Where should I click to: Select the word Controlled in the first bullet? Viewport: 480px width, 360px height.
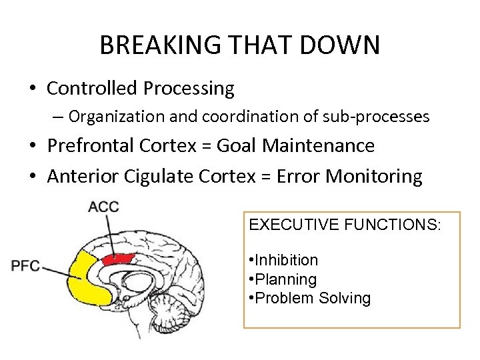pos(92,88)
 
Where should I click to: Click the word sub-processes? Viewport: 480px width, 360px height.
pos(385,117)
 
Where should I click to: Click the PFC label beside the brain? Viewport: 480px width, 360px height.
pos(25,266)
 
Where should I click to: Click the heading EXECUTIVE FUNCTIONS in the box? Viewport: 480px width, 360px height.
pos(345,225)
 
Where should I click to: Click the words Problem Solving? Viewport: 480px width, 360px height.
pos(312,298)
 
